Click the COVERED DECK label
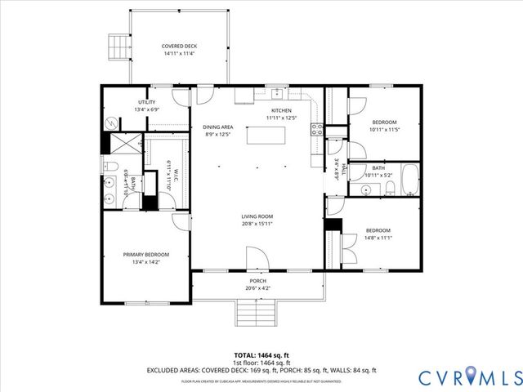tap(179, 47)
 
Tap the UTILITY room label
tap(146, 101)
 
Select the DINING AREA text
tap(218, 127)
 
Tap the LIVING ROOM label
tap(257, 216)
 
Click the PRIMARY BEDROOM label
tap(145, 254)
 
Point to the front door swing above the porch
tap(257, 261)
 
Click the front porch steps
tap(253, 311)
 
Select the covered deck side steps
tap(118, 47)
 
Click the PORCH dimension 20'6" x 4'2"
tap(257, 288)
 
